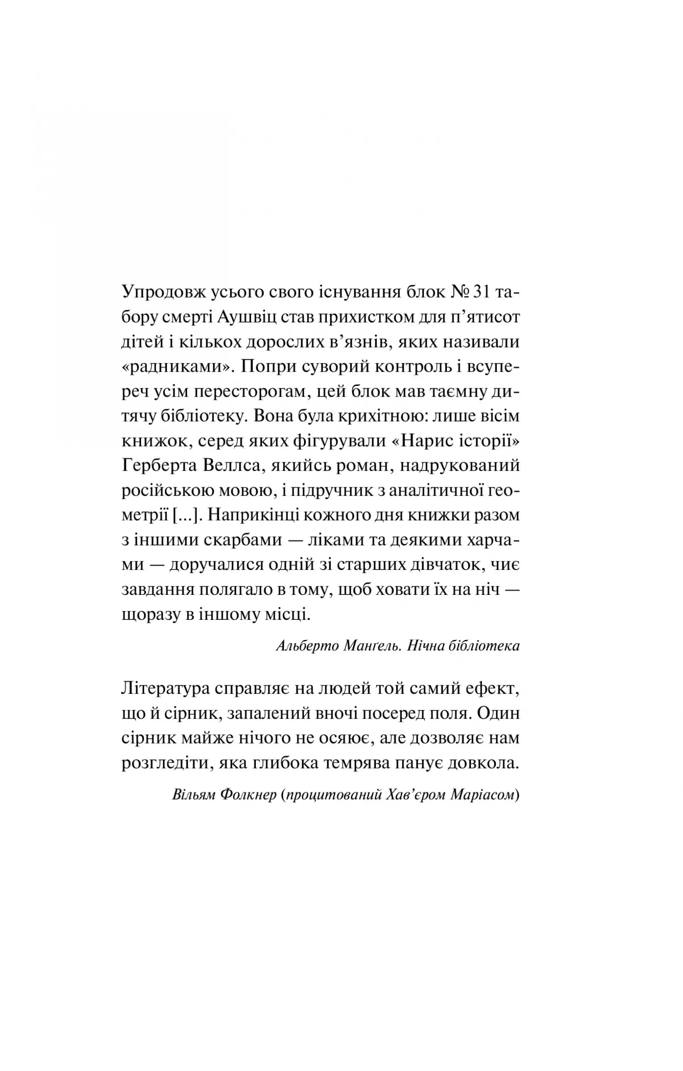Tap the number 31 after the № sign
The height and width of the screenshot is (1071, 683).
(x=483, y=294)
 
